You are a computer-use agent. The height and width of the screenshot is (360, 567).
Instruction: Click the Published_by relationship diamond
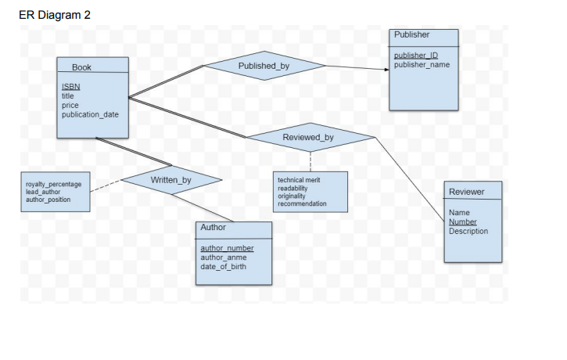tap(264, 66)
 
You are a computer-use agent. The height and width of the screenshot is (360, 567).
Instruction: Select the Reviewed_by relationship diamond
tap(310, 137)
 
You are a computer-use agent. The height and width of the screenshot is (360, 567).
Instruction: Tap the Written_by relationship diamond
tap(170, 180)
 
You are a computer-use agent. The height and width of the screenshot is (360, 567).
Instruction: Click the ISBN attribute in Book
tap(70, 87)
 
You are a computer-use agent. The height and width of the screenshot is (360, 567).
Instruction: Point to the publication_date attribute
tap(90, 114)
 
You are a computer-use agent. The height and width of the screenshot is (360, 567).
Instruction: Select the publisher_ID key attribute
tap(415, 56)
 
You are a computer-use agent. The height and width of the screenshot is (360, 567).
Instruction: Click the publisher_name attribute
tap(422, 64)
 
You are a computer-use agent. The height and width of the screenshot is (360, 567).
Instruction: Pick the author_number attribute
tap(227, 248)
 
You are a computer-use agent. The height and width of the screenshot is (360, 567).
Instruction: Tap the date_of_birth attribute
tap(224, 266)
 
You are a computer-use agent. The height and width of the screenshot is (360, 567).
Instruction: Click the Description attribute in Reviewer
tap(468, 231)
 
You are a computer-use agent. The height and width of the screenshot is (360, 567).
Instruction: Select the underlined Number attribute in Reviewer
tap(463, 221)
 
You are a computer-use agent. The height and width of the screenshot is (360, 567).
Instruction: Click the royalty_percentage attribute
tap(53, 184)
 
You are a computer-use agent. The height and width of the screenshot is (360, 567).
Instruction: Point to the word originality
tap(292, 196)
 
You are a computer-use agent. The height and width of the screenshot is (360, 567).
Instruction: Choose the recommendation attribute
tap(302, 203)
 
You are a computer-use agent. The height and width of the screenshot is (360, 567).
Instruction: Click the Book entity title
tap(81, 68)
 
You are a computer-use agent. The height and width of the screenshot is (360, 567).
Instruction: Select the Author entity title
tap(213, 228)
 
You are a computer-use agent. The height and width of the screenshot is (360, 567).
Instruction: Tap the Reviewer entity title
tap(466, 192)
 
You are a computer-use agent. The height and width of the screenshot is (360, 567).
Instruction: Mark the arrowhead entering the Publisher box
tap(386, 70)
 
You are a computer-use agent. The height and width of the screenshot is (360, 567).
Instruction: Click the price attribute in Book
tap(70, 105)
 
